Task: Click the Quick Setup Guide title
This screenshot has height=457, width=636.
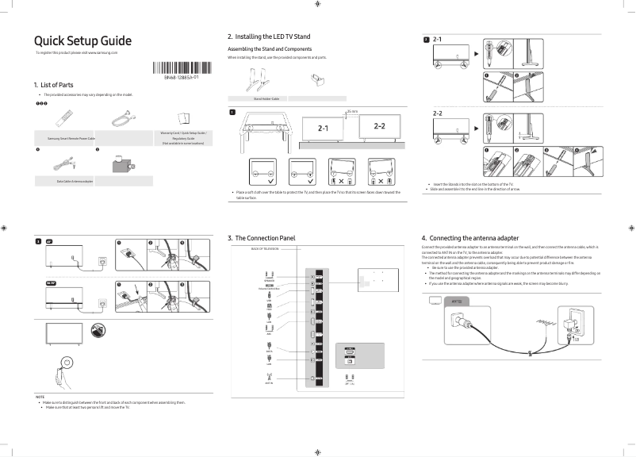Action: click(82, 41)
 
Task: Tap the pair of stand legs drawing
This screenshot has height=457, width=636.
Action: click(258, 81)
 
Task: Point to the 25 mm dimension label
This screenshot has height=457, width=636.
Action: click(352, 113)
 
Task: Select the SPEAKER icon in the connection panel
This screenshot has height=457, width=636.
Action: click(269, 277)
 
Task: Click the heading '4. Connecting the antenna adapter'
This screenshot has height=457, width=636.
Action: click(470, 238)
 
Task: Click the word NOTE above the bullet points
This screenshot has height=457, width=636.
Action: click(40, 396)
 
